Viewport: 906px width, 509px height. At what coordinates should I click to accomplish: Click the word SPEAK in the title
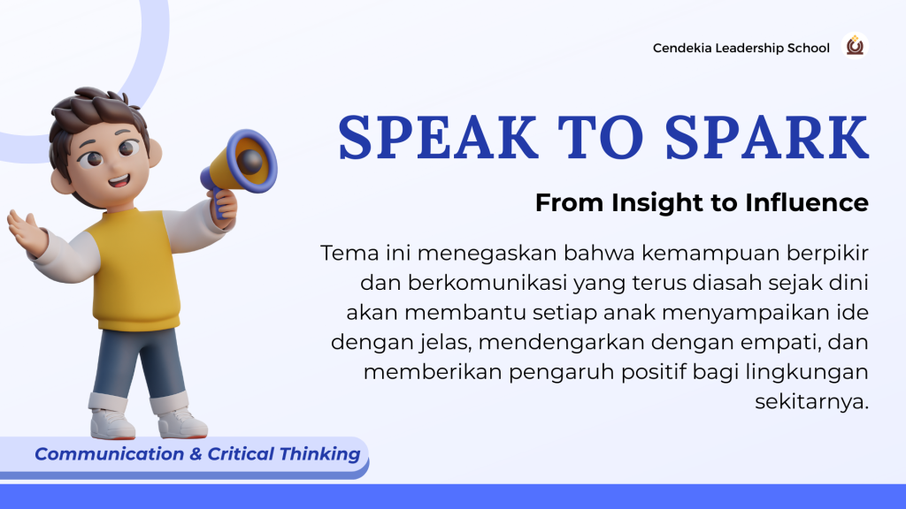(x=438, y=137)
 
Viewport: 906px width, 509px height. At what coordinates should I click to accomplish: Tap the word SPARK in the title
(x=767, y=137)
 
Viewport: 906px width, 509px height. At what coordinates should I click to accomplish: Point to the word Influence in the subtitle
(x=807, y=202)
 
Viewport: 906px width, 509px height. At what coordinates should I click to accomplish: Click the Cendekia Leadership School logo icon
(x=856, y=46)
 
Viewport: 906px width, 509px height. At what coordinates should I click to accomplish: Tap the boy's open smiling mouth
(x=119, y=180)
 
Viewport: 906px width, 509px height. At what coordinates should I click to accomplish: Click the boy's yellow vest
(x=135, y=270)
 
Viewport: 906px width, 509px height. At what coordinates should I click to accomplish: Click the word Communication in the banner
(x=109, y=454)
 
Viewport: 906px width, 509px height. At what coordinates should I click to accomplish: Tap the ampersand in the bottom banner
(x=196, y=454)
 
